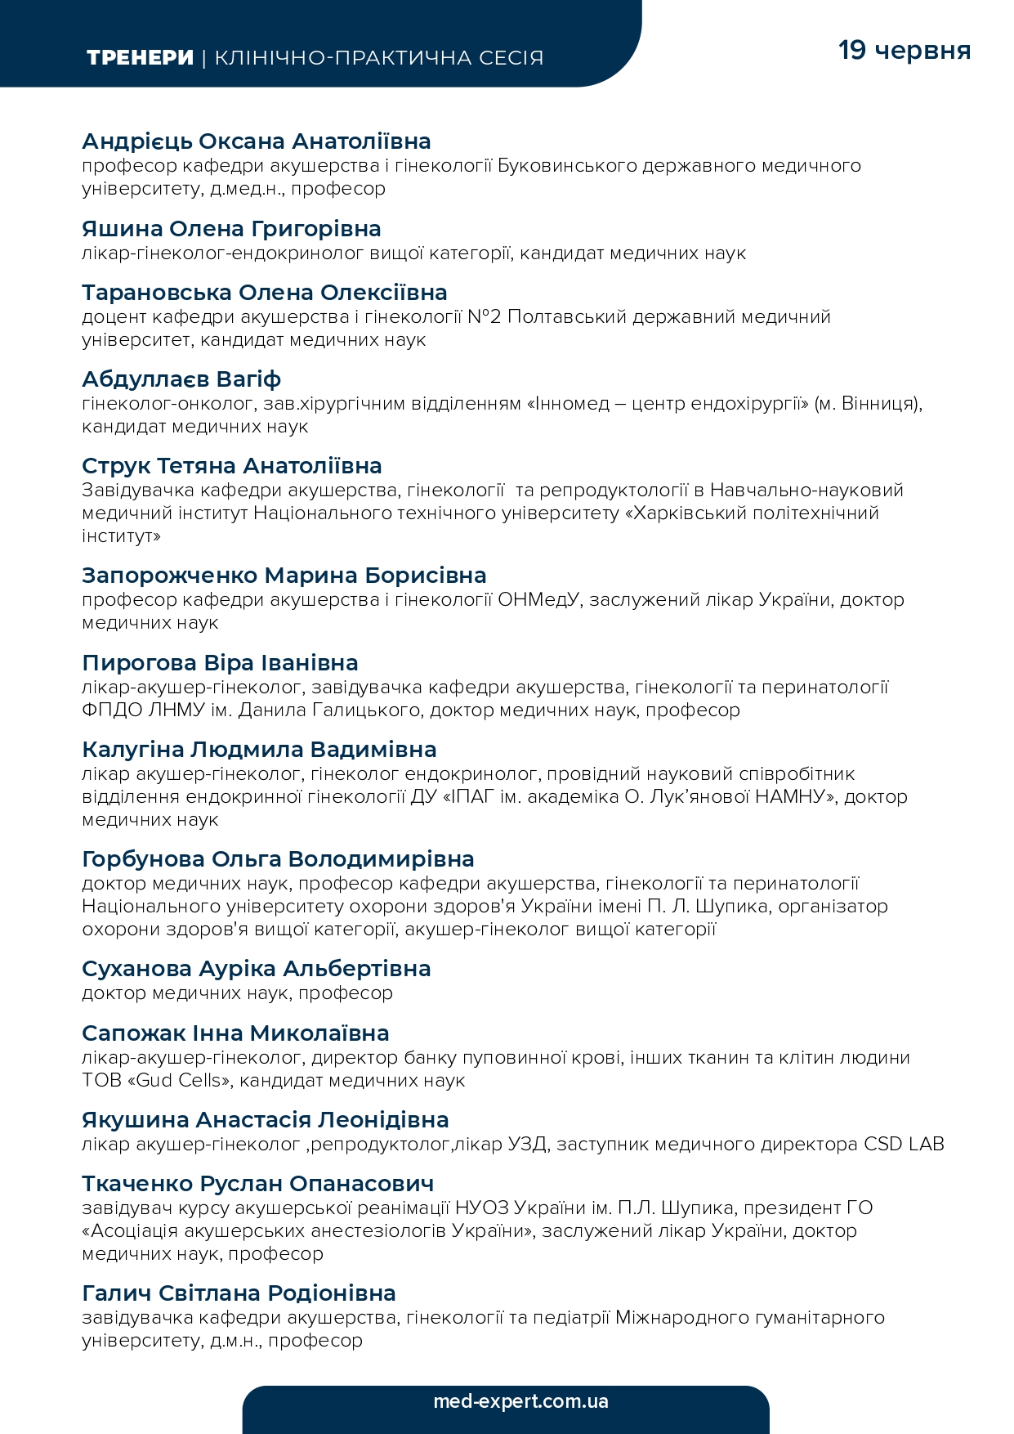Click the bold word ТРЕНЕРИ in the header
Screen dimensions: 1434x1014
click(x=140, y=58)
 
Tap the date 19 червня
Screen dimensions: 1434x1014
click(x=905, y=50)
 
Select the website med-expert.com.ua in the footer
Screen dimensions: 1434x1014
click(x=520, y=1401)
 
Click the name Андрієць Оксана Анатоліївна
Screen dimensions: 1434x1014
click(x=257, y=141)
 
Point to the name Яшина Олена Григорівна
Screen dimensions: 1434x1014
click(x=231, y=229)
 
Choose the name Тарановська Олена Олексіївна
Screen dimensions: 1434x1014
click(x=265, y=293)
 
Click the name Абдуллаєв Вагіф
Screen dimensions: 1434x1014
click(x=181, y=379)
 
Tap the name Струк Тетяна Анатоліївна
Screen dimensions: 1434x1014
click(x=232, y=466)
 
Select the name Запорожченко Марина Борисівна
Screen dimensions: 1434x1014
click(x=284, y=576)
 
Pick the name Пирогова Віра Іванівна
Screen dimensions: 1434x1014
click(x=220, y=663)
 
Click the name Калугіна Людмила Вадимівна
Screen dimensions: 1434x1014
click(x=259, y=750)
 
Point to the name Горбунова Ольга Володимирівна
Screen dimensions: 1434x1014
click(x=278, y=859)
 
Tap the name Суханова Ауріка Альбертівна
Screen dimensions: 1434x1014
click(x=256, y=969)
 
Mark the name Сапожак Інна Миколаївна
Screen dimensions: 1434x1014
click(x=235, y=1033)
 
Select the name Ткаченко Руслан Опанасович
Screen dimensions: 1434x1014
click(x=257, y=1184)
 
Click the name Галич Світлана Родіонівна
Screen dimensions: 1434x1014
click(x=239, y=1293)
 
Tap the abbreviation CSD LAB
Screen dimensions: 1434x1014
click(x=904, y=1144)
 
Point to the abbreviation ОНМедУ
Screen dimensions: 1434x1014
click(x=538, y=599)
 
